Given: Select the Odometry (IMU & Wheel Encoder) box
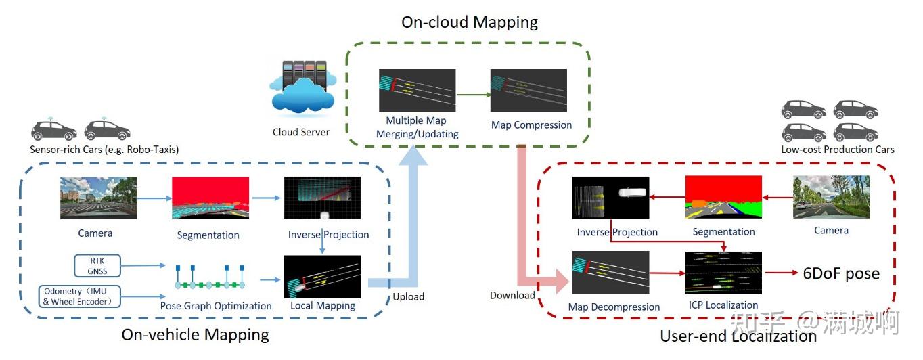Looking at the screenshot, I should click(x=80, y=296).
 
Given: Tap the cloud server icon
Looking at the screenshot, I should click(x=302, y=89).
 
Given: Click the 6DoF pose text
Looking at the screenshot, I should click(x=841, y=273).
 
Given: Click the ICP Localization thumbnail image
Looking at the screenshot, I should click(x=723, y=273).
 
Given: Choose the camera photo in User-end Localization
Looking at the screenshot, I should click(x=831, y=197).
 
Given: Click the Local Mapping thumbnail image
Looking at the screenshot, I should click(x=322, y=276).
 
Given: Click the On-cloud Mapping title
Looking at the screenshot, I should click(x=469, y=22).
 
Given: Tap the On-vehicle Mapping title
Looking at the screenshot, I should click(x=195, y=334).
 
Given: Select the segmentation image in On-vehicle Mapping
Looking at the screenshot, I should click(x=210, y=200).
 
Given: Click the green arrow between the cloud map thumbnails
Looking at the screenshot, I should click(x=473, y=94).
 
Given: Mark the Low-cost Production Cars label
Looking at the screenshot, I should click(x=838, y=150).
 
